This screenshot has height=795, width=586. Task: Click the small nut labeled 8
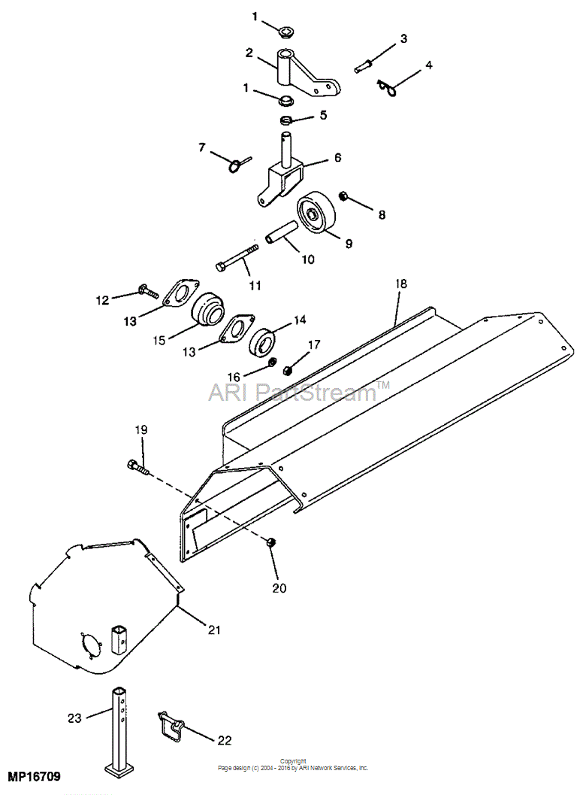[343, 195]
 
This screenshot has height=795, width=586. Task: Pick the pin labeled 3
[364, 66]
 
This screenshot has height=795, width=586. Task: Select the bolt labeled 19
[137, 466]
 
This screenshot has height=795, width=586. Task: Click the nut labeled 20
[270, 542]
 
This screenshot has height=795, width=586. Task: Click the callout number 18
[400, 284]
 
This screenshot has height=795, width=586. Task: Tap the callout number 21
[214, 630]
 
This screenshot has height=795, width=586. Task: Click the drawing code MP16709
[34, 775]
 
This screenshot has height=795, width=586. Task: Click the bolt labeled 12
[149, 292]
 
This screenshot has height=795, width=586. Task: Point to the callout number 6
[337, 158]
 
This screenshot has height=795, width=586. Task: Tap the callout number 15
[159, 340]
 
